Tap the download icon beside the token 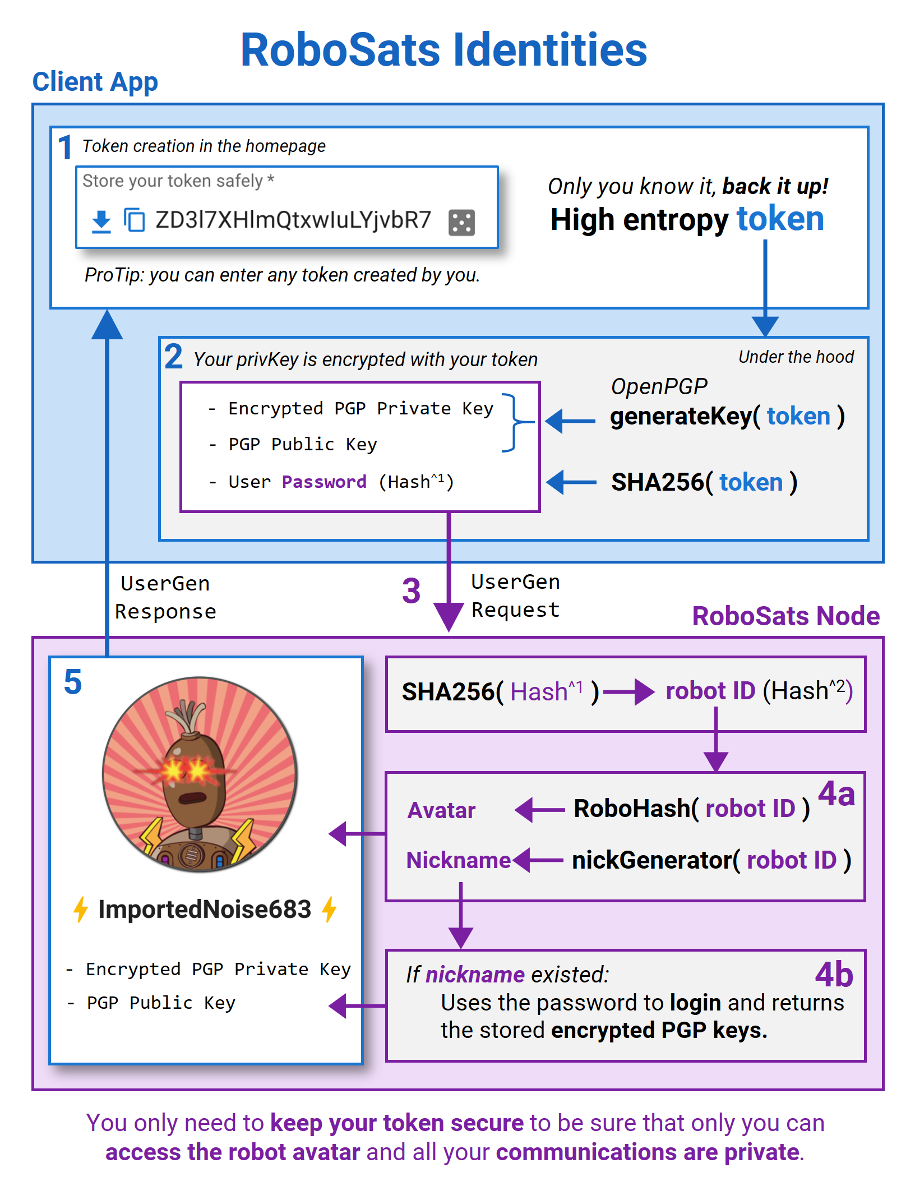tap(101, 221)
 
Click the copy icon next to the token tap(134, 220)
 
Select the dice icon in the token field tap(461, 222)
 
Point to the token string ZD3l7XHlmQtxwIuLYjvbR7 tap(293, 220)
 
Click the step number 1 tap(65, 147)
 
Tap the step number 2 tap(173, 357)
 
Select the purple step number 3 tap(411, 591)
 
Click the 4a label tap(836, 794)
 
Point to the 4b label tap(834, 975)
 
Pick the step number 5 tap(73, 682)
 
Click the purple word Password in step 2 tap(324, 482)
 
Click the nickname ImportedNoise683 tap(205, 909)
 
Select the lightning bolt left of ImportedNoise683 tap(81, 909)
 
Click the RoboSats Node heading tap(785, 616)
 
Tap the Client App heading tap(95, 82)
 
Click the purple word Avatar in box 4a tap(441, 810)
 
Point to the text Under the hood tap(796, 357)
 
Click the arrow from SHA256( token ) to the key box tap(571, 482)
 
